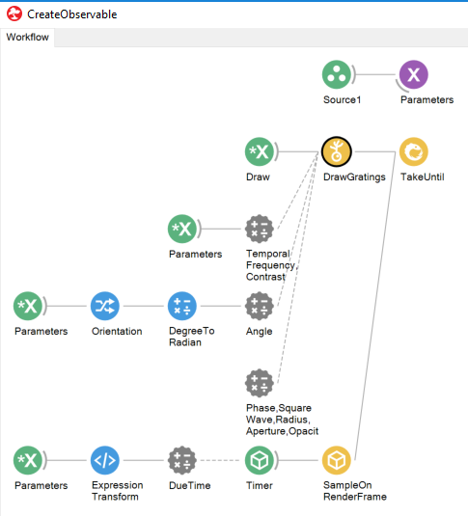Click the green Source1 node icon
pos(336,74)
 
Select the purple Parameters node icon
pos(414,74)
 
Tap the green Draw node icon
pos(260,151)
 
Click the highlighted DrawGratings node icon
pos(336,151)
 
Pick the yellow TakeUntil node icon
pos(414,151)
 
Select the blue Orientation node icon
pos(105,306)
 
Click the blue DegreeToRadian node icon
pos(182,306)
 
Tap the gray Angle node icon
pos(260,306)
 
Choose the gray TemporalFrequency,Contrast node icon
pos(260,229)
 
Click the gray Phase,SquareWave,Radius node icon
pos(260,383)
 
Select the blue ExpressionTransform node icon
pos(105,460)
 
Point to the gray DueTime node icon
pos(182,460)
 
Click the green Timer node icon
pos(260,460)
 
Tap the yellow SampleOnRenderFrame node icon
pos(336,460)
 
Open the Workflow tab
pos(27,38)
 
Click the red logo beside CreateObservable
pos(14,14)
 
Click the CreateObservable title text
pos(71,14)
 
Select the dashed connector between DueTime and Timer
pos(220,460)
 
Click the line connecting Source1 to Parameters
pos(375,74)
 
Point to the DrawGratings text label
pos(354,177)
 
